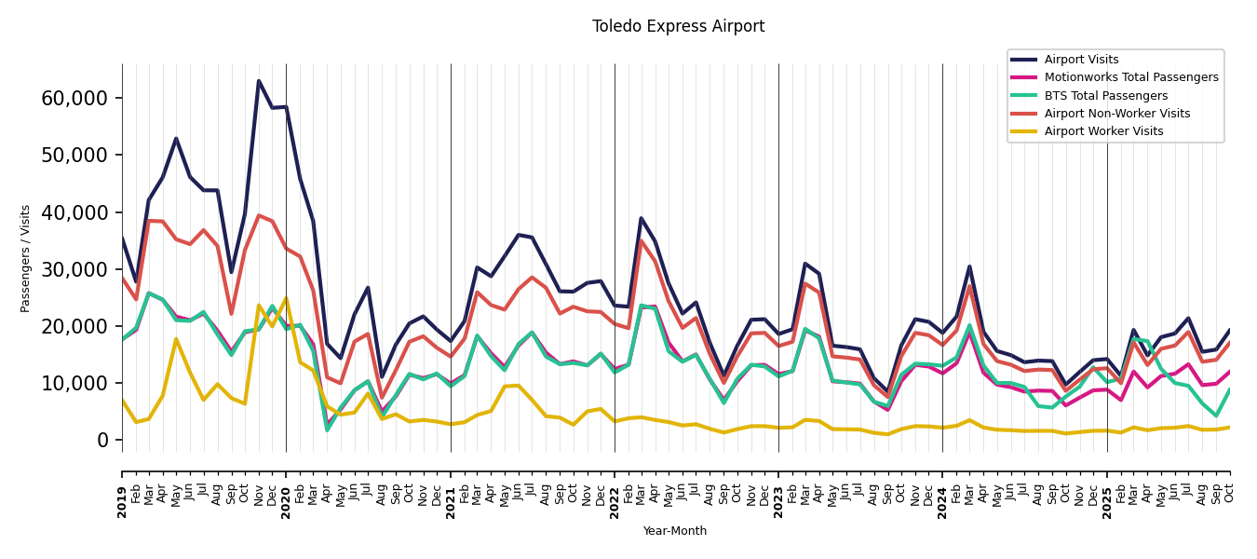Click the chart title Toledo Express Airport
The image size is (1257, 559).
coord(678,27)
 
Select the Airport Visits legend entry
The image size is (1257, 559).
coord(1081,60)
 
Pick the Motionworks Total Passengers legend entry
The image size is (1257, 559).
coord(1130,77)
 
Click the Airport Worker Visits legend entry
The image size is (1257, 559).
coord(1103,131)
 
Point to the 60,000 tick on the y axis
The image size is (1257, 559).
coord(74,98)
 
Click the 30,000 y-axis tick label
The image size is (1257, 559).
coord(74,269)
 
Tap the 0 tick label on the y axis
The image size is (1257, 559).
coord(102,440)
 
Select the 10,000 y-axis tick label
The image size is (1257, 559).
coord(74,383)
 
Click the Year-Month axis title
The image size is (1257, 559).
coord(675,531)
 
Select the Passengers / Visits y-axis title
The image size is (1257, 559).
coord(26,258)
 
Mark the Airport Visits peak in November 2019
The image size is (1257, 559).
coord(259,81)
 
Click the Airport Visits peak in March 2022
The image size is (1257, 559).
coord(641,218)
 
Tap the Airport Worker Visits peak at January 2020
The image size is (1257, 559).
coord(286,298)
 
